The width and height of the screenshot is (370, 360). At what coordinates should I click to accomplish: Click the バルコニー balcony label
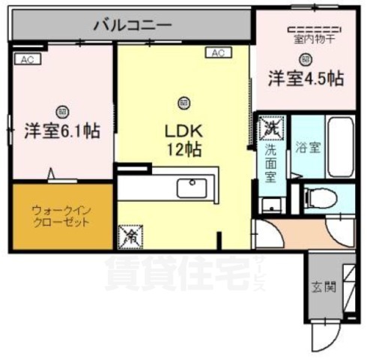point(133,25)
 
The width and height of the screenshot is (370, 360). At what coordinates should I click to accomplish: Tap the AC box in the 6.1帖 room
point(26,58)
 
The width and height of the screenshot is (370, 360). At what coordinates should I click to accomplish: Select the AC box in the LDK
point(219,53)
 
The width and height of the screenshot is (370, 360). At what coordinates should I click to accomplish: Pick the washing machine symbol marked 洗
point(269,127)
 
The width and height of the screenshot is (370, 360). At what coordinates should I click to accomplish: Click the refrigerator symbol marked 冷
point(128,236)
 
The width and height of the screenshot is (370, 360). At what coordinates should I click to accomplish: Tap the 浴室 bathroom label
point(307,145)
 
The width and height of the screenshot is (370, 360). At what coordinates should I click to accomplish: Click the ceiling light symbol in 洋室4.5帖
point(306,59)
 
